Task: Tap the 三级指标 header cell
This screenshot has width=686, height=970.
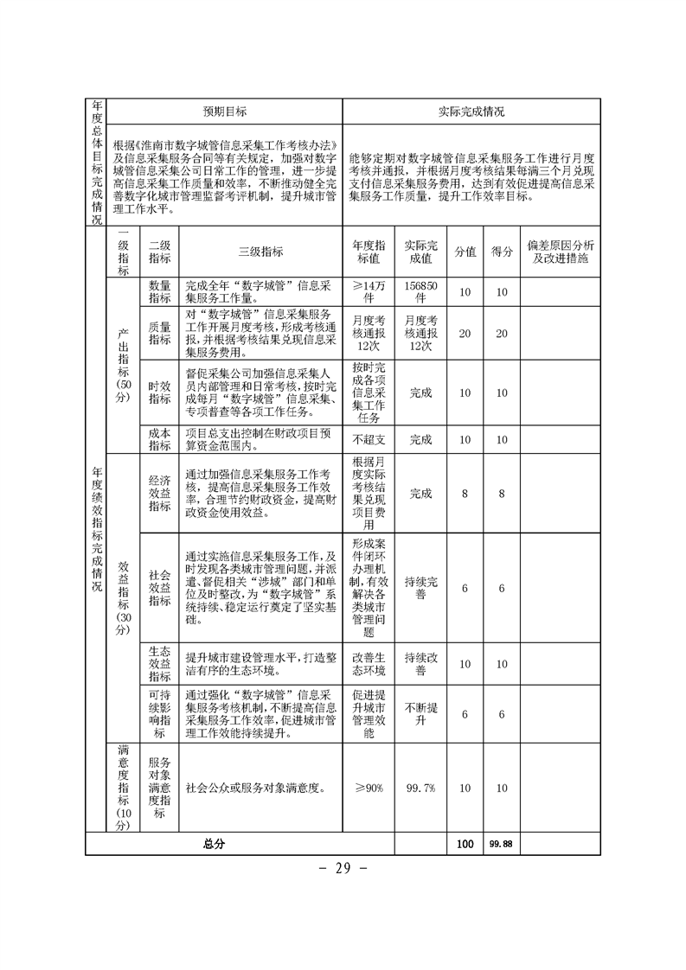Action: pyautogui.click(x=260, y=252)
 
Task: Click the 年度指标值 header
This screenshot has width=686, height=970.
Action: pyautogui.click(x=369, y=252)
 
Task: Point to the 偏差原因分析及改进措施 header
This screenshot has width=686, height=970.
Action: pyautogui.click(x=560, y=252)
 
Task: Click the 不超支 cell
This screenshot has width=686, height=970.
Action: pyautogui.click(x=369, y=439)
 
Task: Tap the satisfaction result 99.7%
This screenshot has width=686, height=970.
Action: pyautogui.click(x=420, y=788)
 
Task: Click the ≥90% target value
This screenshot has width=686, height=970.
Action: pyautogui.click(x=369, y=788)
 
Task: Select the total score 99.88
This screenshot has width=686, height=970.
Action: pyautogui.click(x=500, y=844)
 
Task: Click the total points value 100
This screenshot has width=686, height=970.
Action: pyautogui.click(x=465, y=844)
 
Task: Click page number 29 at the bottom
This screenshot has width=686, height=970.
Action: pyautogui.click(x=343, y=868)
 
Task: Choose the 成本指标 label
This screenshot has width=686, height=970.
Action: pyautogui.click(x=160, y=439)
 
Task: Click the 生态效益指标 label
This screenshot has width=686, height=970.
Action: pyautogui.click(x=160, y=664)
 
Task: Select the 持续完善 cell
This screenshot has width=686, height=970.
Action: pyautogui.click(x=420, y=589)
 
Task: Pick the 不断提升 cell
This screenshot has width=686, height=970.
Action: pyautogui.click(x=420, y=713)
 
